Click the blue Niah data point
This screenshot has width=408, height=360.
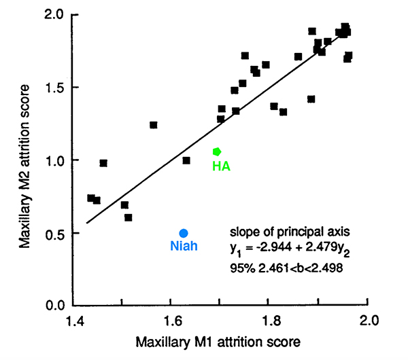tap(184, 233)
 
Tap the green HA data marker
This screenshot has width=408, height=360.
tap(217, 151)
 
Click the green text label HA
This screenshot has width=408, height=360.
tap(220, 165)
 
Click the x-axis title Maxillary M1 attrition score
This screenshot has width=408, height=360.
tap(218, 339)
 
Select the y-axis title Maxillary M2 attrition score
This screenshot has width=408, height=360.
tap(25, 160)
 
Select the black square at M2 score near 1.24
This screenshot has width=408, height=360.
tap(154, 125)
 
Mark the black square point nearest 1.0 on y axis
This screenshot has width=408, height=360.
tap(186, 160)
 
